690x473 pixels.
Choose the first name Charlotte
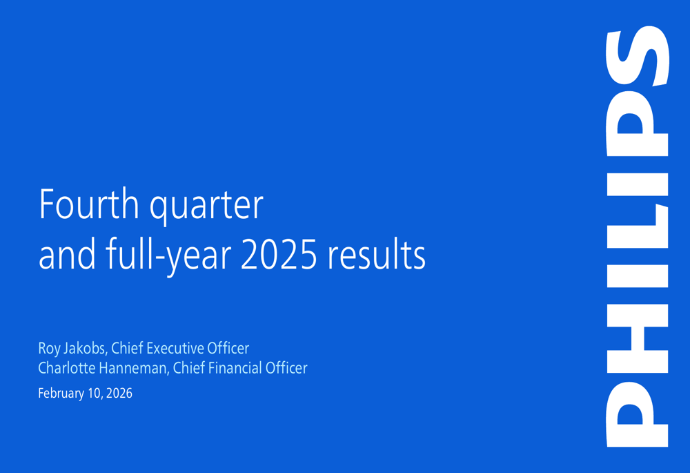pyautogui.click(x=66, y=368)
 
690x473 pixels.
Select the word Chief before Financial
pyautogui.click(x=188, y=368)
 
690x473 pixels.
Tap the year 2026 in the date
pyautogui.click(x=119, y=394)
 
